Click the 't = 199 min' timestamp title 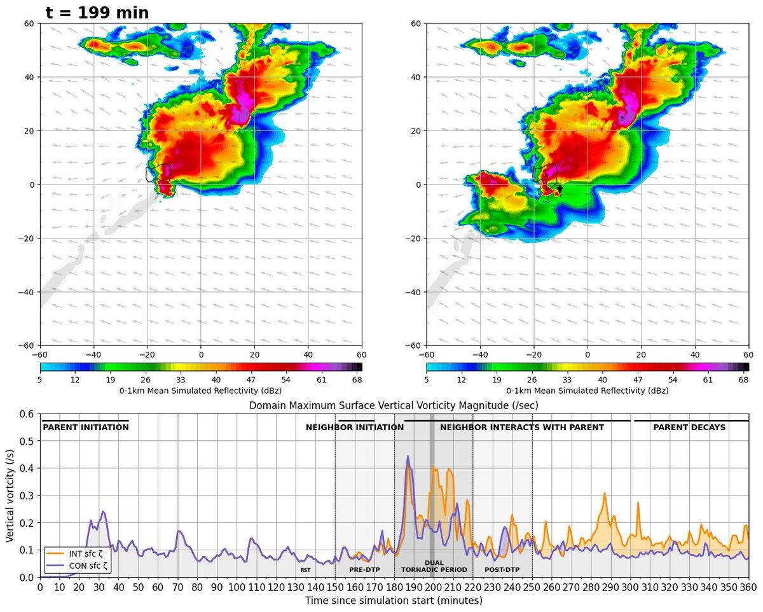point(97,12)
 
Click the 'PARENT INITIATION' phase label point(86,428)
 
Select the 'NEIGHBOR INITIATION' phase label point(355,428)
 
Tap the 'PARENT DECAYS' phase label point(689,428)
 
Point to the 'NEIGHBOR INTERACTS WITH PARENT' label point(522,428)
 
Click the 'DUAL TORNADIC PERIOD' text point(434,566)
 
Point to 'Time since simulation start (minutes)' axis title point(394,601)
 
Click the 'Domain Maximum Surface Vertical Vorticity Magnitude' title point(394,405)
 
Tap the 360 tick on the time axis point(748,588)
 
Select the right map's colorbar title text point(588,391)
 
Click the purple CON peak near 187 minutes point(408,456)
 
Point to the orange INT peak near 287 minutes point(605,493)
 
